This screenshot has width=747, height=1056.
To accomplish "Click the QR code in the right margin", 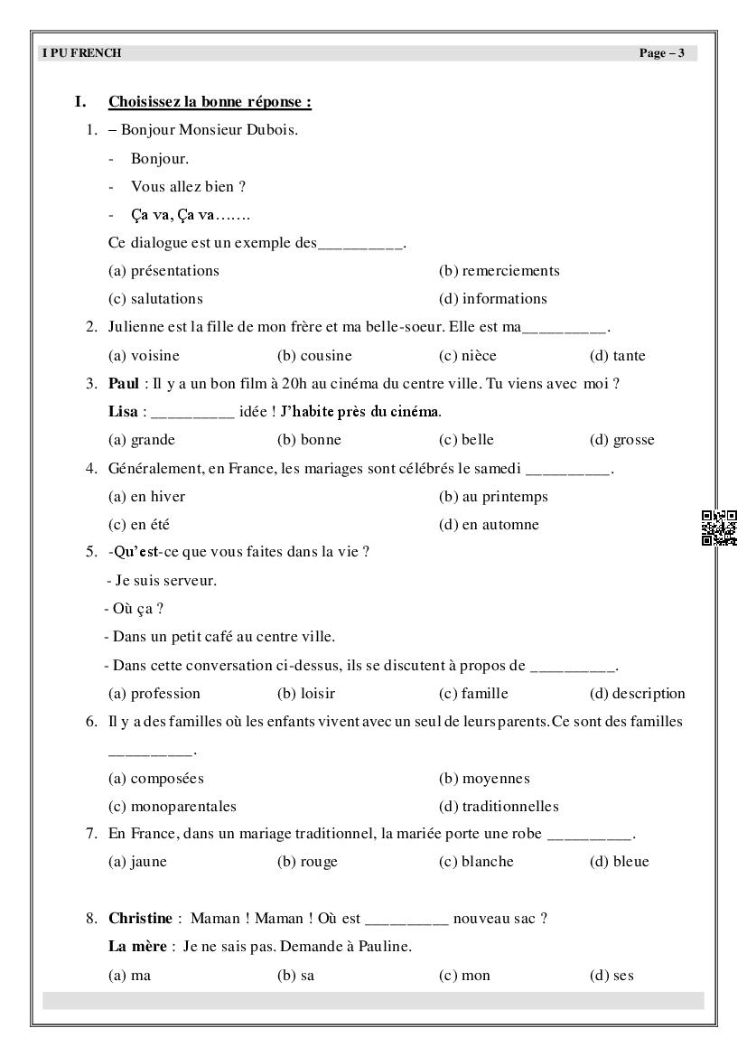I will [719, 528].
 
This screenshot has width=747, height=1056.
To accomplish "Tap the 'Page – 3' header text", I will [661, 53].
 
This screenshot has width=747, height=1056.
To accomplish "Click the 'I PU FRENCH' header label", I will [81, 53].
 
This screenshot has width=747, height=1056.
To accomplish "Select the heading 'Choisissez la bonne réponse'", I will [210, 102].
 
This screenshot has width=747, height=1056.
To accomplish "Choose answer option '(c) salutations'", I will [155, 299].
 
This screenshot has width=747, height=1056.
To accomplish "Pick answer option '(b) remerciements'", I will [499, 271].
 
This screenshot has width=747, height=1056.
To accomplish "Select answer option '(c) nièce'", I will [467, 356].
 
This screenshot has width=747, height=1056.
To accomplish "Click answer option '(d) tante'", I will [617, 356].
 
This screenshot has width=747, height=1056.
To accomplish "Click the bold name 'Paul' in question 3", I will [123, 384].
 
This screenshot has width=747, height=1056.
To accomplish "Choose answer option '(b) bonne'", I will [309, 441].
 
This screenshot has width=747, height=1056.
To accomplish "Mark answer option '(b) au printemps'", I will [493, 497].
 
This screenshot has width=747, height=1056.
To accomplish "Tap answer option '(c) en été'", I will [138, 525].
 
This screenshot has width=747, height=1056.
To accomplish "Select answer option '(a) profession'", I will [154, 694].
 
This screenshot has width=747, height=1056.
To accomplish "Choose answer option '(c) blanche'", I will [476, 862].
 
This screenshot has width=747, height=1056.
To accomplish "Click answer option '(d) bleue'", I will [619, 862].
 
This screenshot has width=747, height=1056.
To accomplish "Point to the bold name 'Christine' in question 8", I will [140, 919].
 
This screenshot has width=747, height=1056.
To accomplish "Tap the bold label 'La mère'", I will [136, 947].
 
